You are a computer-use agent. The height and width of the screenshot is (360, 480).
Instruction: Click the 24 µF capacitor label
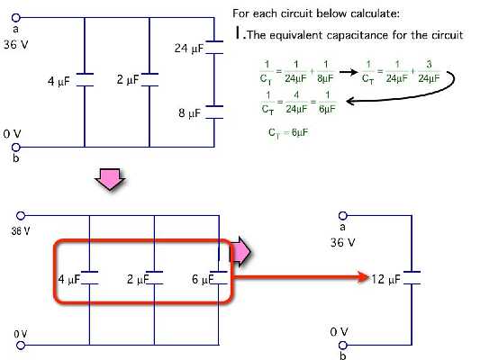[x=188, y=47]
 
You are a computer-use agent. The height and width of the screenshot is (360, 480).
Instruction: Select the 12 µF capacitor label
[x=386, y=279]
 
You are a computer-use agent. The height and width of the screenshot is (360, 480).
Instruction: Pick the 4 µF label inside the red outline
[x=68, y=279]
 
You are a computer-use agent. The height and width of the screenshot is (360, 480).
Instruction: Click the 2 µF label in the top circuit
[x=127, y=80]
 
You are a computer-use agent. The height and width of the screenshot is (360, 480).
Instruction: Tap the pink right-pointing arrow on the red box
[x=240, y=255]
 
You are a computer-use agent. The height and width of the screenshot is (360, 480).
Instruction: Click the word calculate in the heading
[x=376, y=14]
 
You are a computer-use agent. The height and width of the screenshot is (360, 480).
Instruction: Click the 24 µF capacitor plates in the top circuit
[x=214, y=47]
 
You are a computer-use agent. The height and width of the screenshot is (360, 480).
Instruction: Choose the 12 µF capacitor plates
[x=412, y=277]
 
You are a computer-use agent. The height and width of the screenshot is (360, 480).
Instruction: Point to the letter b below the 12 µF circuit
[x=341, y=355]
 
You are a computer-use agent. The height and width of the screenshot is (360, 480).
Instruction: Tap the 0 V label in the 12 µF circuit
[x=339, y=332]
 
